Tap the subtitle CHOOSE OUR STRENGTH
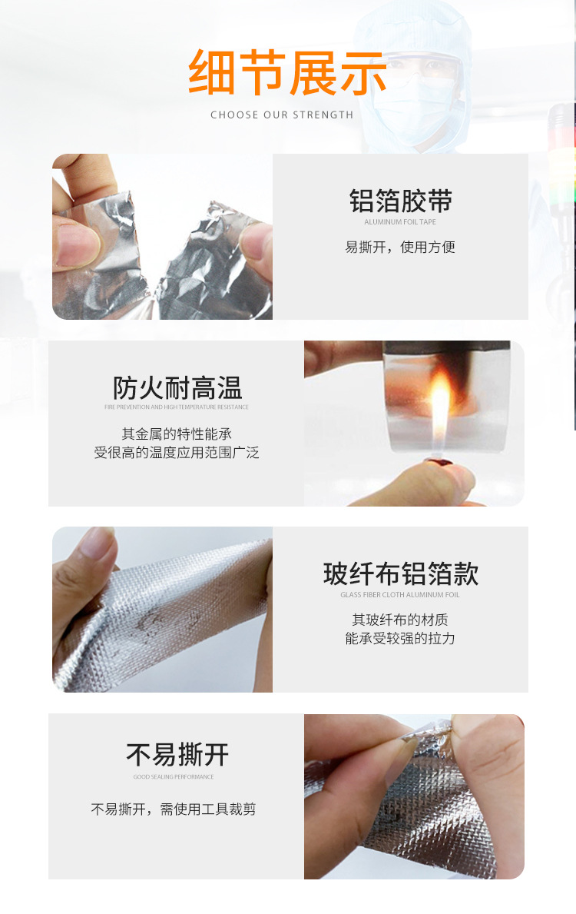pyautogui.click(x=282, y=115)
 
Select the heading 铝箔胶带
pyautogui.click(x=400, y=201)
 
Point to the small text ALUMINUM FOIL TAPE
pyautogui.click(x=400, y=222)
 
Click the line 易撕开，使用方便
pyautogui.click(x=400, y=247)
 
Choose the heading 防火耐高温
pyautogui.click(x=177, y=387)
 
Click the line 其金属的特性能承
pyautogui.click(x=177, y=434)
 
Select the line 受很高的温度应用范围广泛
pyautogui.click(x=177, y=453)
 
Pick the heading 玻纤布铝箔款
pyautogui.click(x=400, y=574)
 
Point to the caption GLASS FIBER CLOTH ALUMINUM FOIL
pyautogui.click(x=400, y=595)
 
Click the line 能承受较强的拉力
pyautogui.click(x=400, y=638)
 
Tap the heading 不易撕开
pyautogui.click(x=177, y=755)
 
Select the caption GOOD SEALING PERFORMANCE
pyautogui.click(x=174, y=777)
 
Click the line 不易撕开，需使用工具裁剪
pyautogui.click(x=174, y=809)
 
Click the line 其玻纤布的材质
pyautogui.click(x=400, y=620)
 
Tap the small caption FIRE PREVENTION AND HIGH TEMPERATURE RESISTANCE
pyautogui.click(x=177, y=407)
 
